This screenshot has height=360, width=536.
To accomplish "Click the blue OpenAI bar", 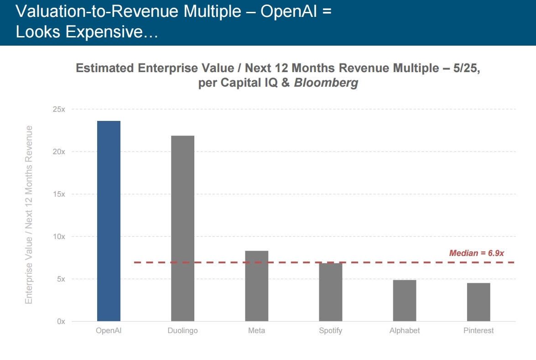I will (x=109, y=221).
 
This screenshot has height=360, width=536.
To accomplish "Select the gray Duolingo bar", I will (x=182, y=228).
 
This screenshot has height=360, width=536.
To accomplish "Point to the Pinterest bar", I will (x=478, y=302).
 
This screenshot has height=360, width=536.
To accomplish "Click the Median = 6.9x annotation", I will (x=476, y=253).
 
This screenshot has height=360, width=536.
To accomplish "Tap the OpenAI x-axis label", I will (x=109, y=331).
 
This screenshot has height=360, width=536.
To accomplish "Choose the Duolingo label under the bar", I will (x=182, y=331).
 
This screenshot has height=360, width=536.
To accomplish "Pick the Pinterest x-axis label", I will (x=478, y=331).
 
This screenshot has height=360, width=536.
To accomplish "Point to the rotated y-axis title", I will (x=29, y=214).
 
